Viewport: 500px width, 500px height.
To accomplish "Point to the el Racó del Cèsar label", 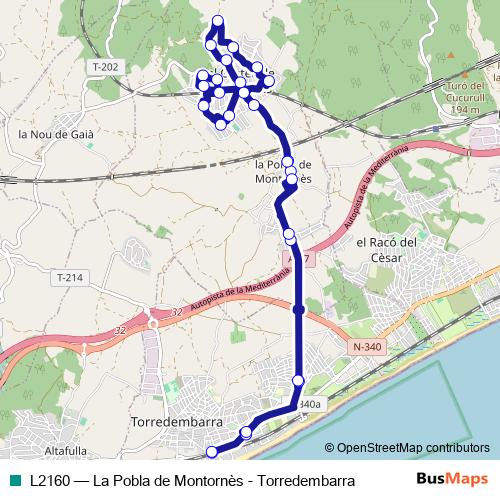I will point(386,250).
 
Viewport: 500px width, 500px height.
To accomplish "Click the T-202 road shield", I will point(104,67).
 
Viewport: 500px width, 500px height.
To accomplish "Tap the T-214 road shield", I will point(71,277).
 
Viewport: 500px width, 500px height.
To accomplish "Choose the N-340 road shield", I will point(367,347).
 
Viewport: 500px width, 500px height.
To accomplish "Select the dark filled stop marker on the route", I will point(298,309).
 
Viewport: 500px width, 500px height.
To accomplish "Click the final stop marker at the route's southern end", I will point(211,452).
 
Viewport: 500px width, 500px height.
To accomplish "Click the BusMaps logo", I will point(452,480).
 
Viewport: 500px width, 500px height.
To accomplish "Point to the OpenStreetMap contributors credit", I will point(406,448).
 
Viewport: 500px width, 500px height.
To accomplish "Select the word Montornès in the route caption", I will point(205,481).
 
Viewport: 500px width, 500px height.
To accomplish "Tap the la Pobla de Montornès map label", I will point(284,172).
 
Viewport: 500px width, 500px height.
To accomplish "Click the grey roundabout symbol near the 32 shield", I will point(154,324).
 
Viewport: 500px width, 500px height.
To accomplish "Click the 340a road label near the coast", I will point(311,404).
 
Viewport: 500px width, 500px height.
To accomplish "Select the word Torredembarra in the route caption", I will point(306,481).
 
